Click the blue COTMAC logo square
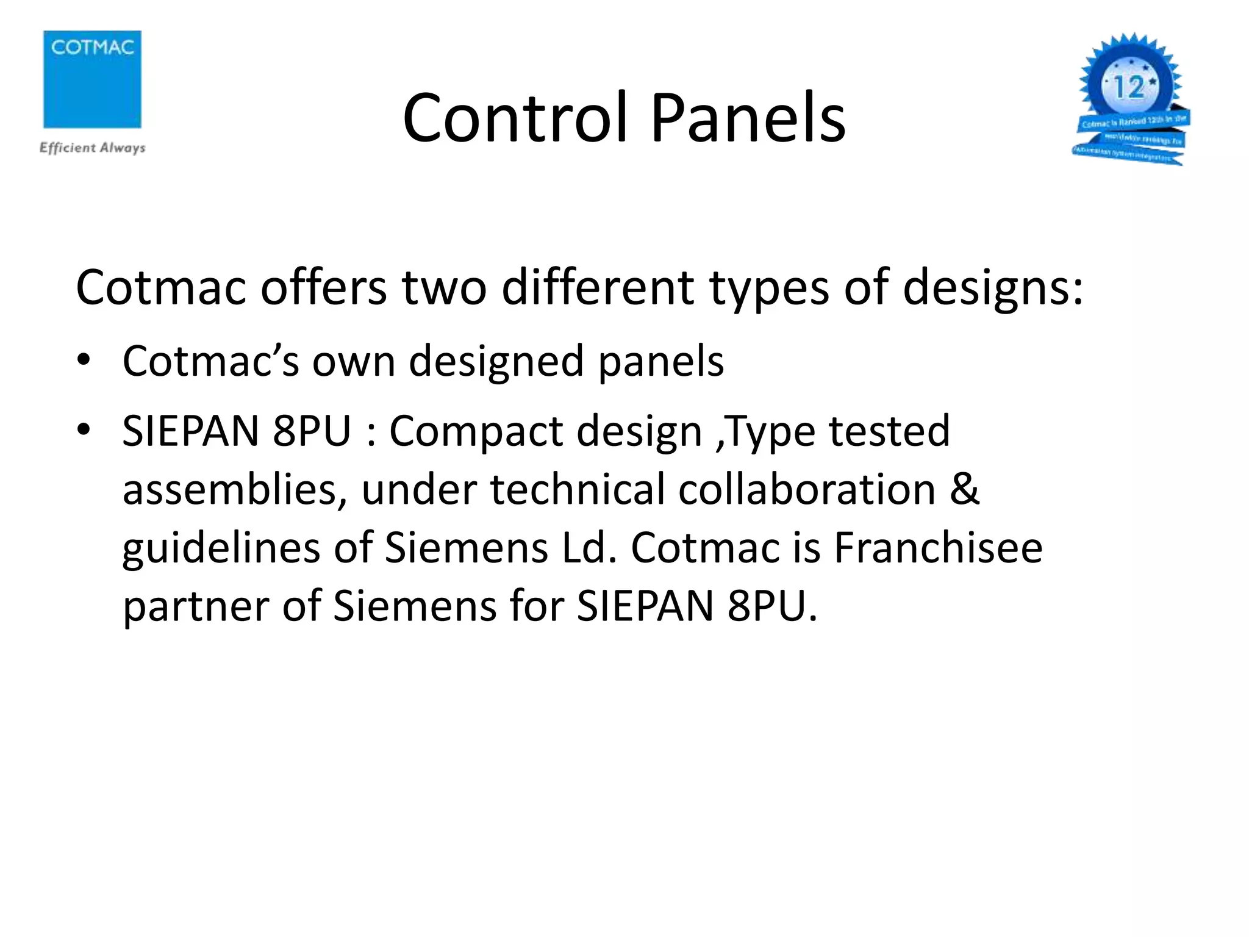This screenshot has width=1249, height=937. [92, 79]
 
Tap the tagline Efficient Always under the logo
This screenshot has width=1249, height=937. [92, 148]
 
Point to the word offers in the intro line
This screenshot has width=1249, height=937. [323, 287]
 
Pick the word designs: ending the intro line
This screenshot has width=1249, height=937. [993, 287]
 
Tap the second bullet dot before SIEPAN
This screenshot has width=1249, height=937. [84, 430]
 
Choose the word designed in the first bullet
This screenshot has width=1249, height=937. [495, 361]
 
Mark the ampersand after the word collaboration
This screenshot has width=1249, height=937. [964, 489]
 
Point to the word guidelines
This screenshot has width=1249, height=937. [221, 548]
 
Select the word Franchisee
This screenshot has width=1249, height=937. [938, 547]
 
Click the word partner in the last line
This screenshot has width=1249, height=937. [195, 606]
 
